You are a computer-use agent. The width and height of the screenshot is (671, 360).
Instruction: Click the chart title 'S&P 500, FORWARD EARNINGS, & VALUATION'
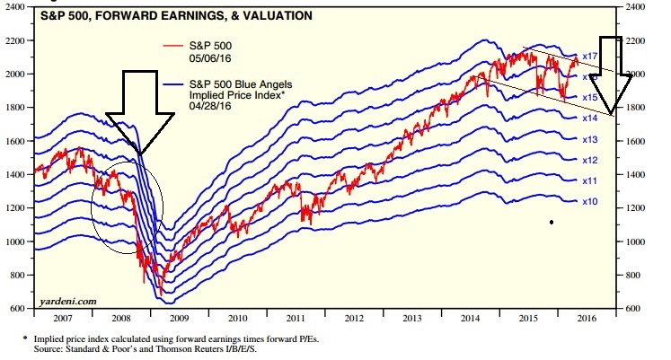point(163,16)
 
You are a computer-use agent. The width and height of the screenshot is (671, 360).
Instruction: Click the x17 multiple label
point(589,56)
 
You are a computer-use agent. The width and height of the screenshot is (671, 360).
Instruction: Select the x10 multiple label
point(589,202)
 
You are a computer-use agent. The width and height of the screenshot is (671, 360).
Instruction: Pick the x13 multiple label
point(589,139)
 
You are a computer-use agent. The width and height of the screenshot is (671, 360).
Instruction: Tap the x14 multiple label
point(589,119)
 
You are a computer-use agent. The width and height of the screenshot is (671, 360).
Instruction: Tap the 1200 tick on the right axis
point(636,208)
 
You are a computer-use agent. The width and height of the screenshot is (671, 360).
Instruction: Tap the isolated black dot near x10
point(551,221)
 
